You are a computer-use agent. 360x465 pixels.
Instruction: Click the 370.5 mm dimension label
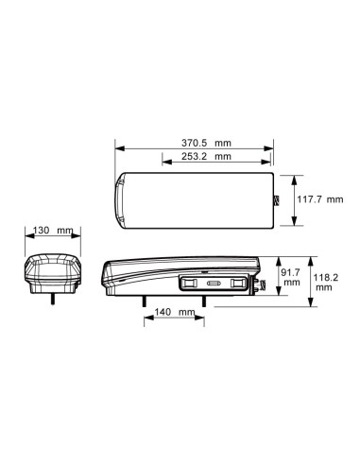point(206,143)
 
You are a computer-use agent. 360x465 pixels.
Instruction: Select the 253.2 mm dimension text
point(206,156)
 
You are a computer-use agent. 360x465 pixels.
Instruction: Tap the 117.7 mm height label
point(320,199)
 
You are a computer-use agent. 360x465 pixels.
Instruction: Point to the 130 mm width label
point(53,231)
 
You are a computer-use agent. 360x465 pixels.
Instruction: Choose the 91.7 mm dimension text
point(291,277)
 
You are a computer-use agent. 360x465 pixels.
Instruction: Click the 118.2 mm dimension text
point(325,283)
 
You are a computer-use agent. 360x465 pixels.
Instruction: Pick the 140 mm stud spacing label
point(175,312)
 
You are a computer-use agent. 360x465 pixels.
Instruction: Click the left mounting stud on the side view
point(144,301)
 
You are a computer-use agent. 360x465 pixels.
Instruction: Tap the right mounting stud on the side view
point(204,301)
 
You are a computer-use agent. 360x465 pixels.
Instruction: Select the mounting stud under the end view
point(53,299)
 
